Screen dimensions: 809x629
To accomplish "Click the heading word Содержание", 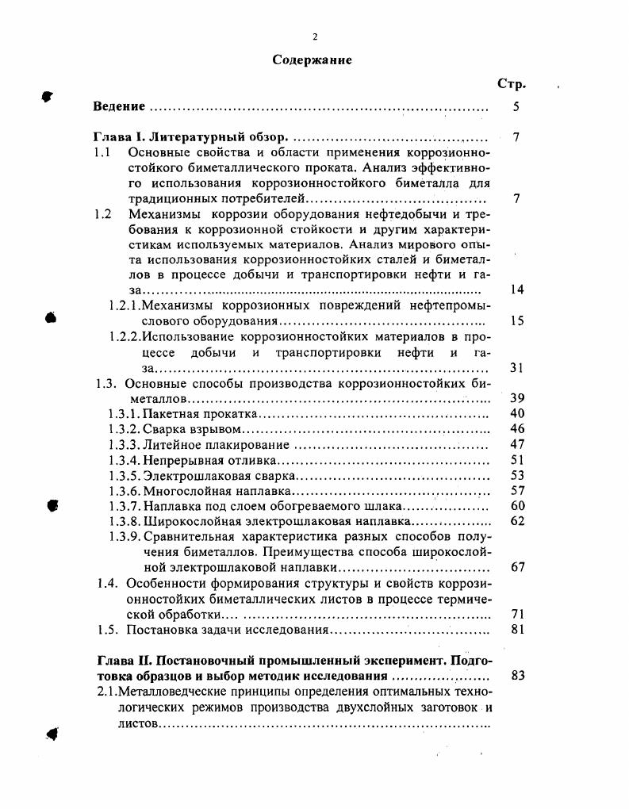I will [x=313, y=59].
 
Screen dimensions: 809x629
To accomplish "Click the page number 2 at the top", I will [x=315, y=36].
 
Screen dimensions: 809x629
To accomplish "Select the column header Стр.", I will [x=512, y=84].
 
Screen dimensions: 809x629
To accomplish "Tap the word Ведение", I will [x=119, y=106].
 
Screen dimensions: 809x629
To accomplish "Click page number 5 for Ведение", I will [x=516, y=106].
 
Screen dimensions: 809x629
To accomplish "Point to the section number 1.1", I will [x=102, y=152].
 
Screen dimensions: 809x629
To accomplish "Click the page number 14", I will [x=517, y=289].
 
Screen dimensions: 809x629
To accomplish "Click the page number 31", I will [x=517, y=368].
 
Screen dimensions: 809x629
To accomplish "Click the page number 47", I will [x=517, y=445].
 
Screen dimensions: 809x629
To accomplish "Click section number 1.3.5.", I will [x=124, y=476].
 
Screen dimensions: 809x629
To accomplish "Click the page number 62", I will [x=517, y=521].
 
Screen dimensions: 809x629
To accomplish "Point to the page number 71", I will [x=517, y=614].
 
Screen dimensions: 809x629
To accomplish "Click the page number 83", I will [x=517, y=676].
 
